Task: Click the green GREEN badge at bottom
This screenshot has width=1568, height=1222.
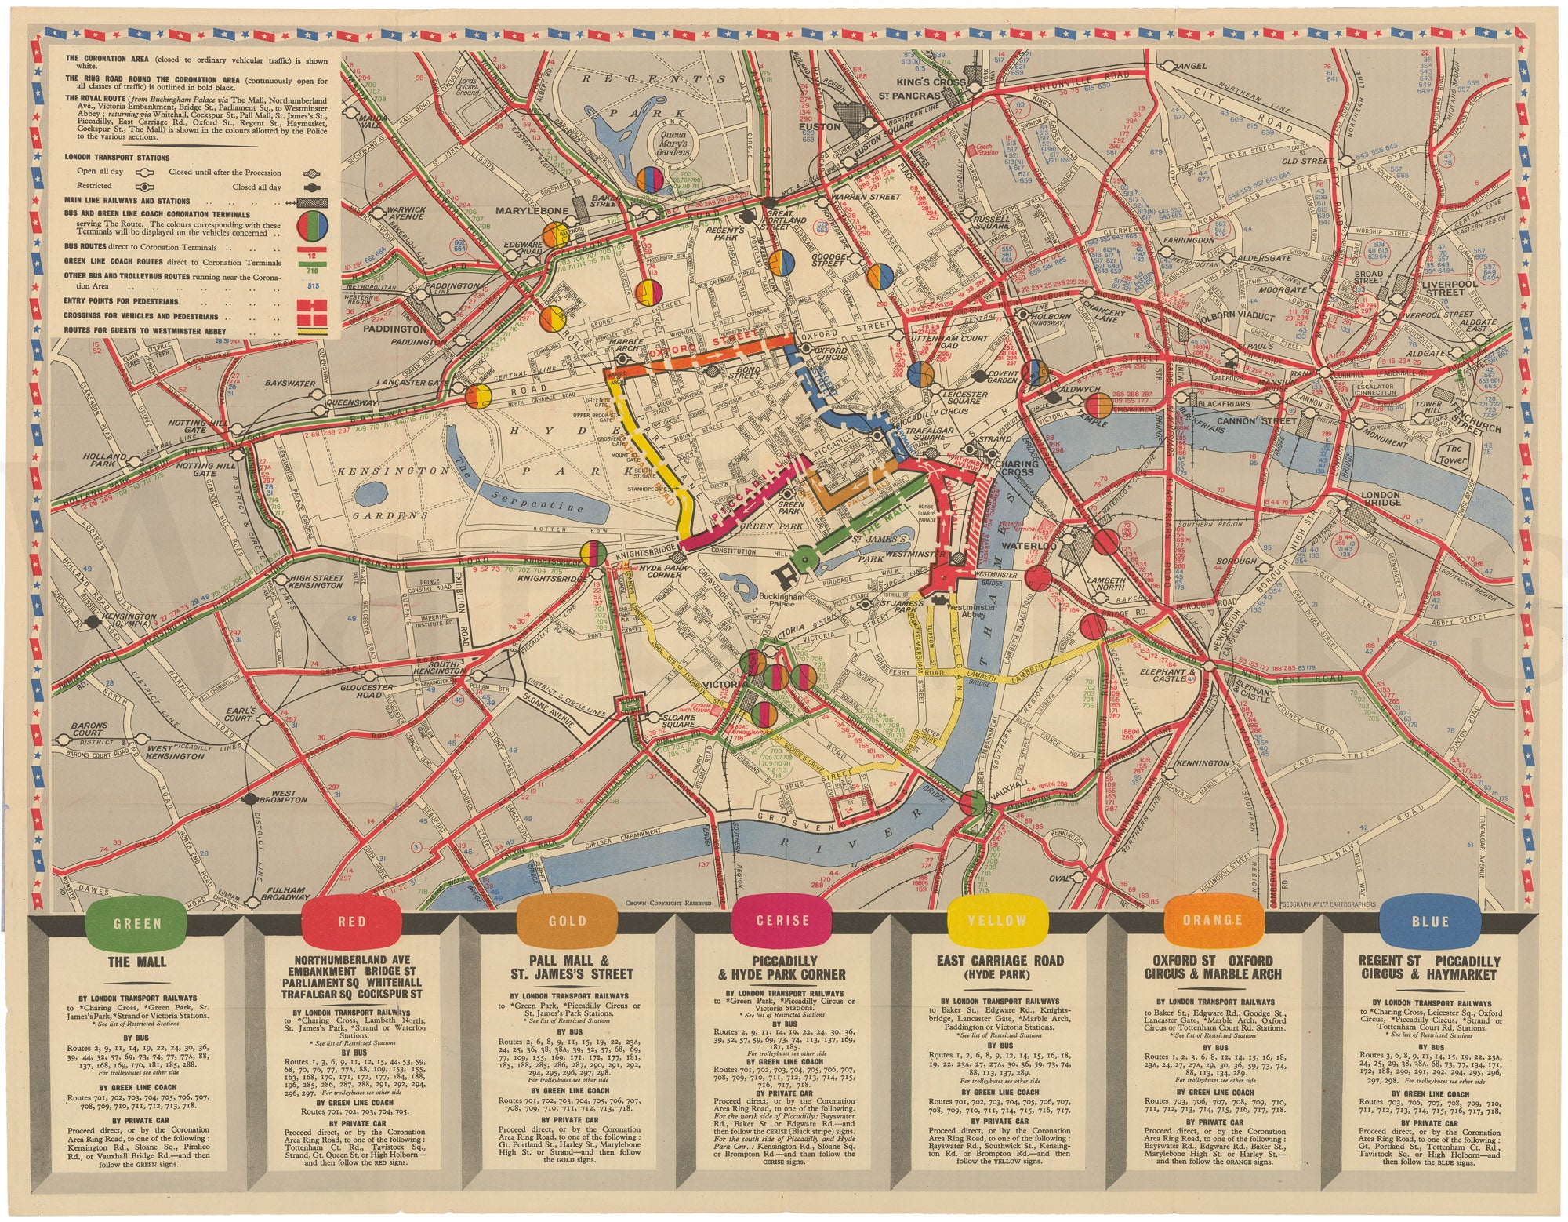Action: (137, 922)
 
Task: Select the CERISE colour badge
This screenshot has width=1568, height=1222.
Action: (782, 921)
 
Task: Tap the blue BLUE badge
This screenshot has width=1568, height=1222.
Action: (1429, 922)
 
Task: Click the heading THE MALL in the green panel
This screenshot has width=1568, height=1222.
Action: (137, 962)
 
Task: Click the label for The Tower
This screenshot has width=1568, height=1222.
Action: (1454, 454)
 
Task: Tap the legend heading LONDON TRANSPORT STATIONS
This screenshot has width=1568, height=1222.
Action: (117, 158)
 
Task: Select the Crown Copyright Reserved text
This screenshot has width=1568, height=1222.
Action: (668, 903)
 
